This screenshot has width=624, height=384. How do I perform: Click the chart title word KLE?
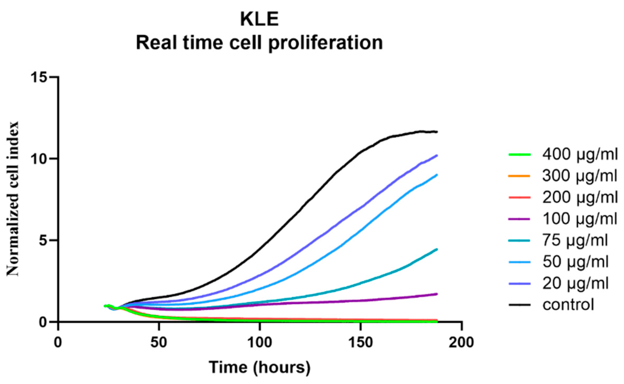pos(259,20)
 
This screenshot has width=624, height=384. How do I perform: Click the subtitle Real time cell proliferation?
pos(259,43)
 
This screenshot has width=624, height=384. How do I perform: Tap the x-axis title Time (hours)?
pos(260,367)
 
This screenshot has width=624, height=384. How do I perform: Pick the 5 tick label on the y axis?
pos(43,240)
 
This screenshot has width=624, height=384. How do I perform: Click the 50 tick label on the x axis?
pos(159,342)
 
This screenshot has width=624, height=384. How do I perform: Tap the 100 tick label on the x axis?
pos(260,342)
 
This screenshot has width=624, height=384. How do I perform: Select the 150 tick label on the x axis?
pos(361,342)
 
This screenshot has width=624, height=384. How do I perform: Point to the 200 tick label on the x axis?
pos(461,342)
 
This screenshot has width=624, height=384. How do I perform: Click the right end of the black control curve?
pos(437,132)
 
